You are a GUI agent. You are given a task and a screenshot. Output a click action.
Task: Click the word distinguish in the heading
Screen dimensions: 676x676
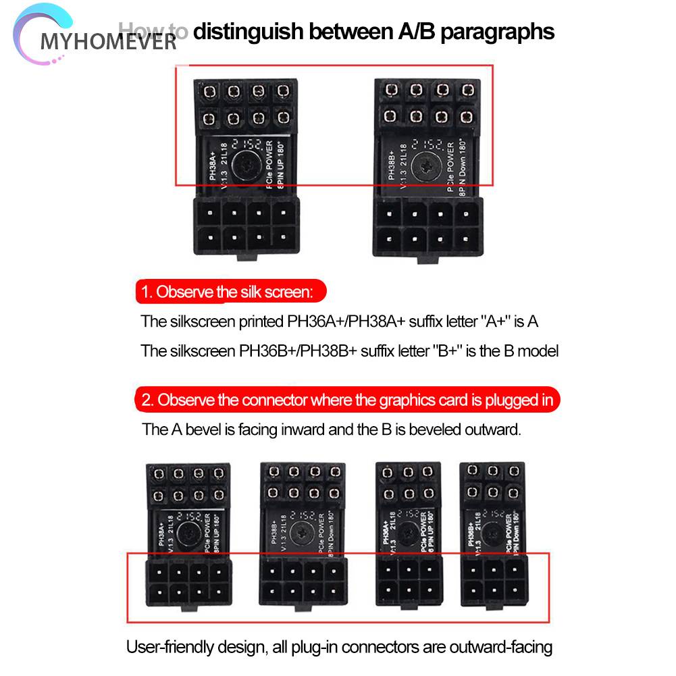[x=246, y=32]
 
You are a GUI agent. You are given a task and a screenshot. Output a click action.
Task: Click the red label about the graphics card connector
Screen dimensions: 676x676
[x=347, y=400]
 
